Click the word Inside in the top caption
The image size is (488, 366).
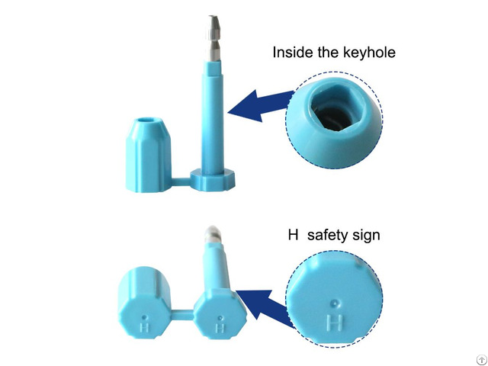[x=292, y=53]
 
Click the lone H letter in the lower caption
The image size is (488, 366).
[x=292, y=236]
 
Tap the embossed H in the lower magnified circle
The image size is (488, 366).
[x=333, y=324]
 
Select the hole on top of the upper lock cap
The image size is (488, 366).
[x=146, y=121]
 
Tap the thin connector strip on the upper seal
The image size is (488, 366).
[x=180, y=181]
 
